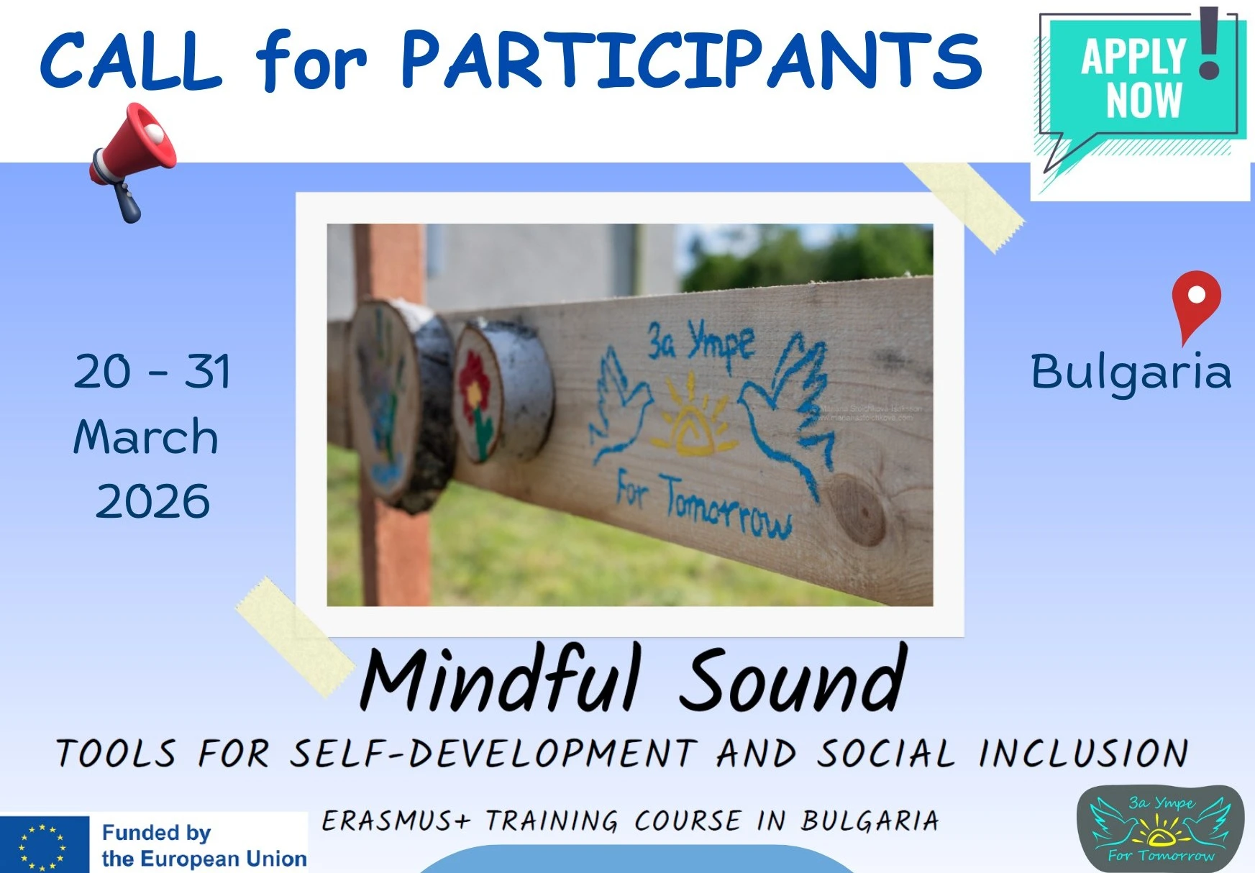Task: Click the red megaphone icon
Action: point(133,158)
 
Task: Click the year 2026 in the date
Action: point(152,501)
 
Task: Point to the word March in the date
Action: point(146,436)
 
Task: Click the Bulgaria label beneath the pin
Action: point(1131,372)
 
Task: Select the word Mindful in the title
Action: point(501,679)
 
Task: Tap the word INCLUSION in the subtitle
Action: point(1083,754)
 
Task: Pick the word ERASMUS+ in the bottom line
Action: point(396,821)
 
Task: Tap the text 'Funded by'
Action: point(156,832)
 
